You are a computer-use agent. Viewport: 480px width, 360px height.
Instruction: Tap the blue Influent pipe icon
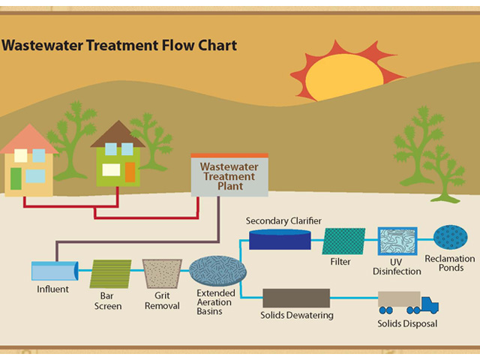click(55, 271)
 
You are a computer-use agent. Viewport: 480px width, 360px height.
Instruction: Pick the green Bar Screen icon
click(111, 274)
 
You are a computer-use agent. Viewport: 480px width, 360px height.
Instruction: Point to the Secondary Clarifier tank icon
click(279, 239)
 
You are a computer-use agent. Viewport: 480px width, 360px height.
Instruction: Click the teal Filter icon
click(343, 241)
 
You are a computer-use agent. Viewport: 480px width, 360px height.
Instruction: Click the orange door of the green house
click(130, 172)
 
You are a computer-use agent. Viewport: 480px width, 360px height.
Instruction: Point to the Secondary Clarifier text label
click(283, 221)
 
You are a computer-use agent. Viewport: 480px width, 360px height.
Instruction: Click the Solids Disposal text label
click(407, 324)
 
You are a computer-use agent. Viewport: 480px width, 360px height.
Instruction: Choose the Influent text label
click(52, 289)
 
